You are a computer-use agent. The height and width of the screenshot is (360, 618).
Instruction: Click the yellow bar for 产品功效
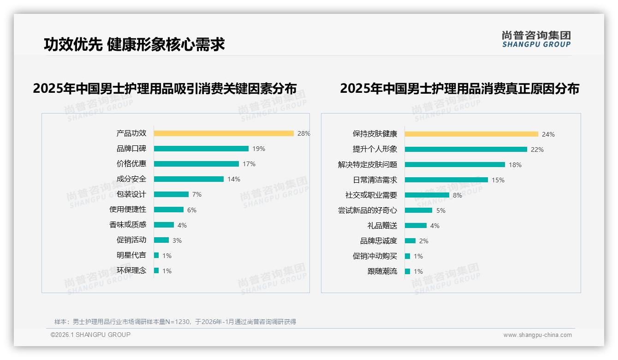[224, 133]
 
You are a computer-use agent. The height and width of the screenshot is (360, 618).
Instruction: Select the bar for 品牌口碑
[201, 149]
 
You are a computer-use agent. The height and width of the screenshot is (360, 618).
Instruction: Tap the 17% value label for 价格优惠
[249, 164]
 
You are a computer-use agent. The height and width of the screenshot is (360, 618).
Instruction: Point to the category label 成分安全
[131, 179]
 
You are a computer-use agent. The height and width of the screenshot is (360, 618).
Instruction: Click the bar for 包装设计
[171, 194]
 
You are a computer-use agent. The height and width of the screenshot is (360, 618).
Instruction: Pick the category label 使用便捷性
[128, 210]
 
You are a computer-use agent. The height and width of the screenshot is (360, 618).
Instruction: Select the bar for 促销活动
[161, 240]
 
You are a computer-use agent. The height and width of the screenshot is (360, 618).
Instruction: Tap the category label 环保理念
[131, 270]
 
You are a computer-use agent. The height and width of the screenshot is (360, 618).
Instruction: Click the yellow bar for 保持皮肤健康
[471, 134]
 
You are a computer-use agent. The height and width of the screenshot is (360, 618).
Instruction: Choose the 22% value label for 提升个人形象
[537, 150]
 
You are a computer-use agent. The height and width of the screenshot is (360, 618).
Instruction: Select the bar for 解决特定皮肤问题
[455, 165]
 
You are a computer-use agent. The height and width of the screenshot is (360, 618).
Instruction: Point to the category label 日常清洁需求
[375, 180]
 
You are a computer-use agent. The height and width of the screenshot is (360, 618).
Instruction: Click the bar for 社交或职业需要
[427, 195]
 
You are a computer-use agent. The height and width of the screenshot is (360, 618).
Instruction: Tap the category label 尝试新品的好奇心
[368, 210]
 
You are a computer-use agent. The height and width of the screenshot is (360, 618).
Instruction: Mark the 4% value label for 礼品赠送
[435, 226]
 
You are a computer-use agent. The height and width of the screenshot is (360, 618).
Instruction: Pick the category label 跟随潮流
[382, 271]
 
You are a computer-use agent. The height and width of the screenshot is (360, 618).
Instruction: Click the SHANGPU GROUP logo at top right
[536, 39]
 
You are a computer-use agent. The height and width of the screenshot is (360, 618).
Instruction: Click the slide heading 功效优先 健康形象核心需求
[134, 44]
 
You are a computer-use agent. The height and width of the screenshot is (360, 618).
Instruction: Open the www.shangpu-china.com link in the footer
[537, 335]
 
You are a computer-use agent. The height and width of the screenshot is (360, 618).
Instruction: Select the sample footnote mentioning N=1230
[175, 322]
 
